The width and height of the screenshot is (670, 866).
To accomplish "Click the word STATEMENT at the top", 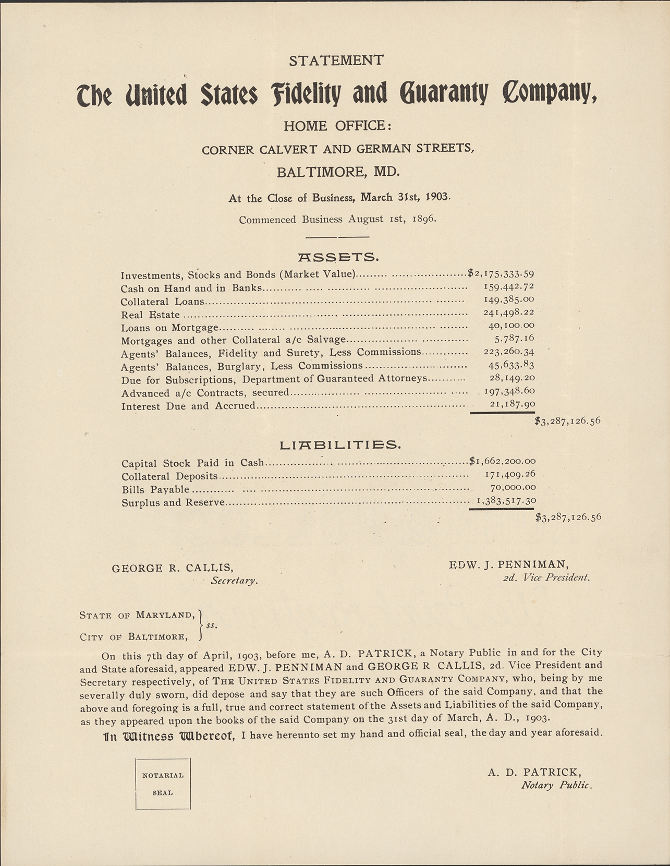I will pyautogui.click(x=336, y=61).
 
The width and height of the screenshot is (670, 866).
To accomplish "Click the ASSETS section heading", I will pyautogui.click(x=338, y=257).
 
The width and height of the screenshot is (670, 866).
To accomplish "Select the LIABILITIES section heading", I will pyautogui.click(x=340, y=445).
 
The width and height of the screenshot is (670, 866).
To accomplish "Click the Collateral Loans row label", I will pyautogui.click(x=162, y=302).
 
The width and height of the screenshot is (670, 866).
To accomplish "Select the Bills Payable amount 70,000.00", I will pyautogui.click(x=513, y=488).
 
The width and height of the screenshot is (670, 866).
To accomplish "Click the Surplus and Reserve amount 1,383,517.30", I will pyautogui.click(x=505, y=500).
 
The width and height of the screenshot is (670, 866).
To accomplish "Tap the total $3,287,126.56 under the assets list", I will pyautogui.click(x=568, y=420).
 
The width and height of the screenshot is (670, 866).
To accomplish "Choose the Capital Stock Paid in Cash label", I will pyautogui.click(x=193, y=463).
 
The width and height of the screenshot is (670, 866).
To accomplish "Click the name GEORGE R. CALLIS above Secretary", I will pyautogui.click(x=173, y=568).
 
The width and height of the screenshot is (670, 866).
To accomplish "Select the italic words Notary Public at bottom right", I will pyautogui.click(x=557, y=786).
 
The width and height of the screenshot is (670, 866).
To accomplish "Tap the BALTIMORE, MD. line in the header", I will pyautogui.click(x=338, y=171).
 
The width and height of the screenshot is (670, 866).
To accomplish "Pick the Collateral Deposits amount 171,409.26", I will pyautogui.click(x=510, y=475).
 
